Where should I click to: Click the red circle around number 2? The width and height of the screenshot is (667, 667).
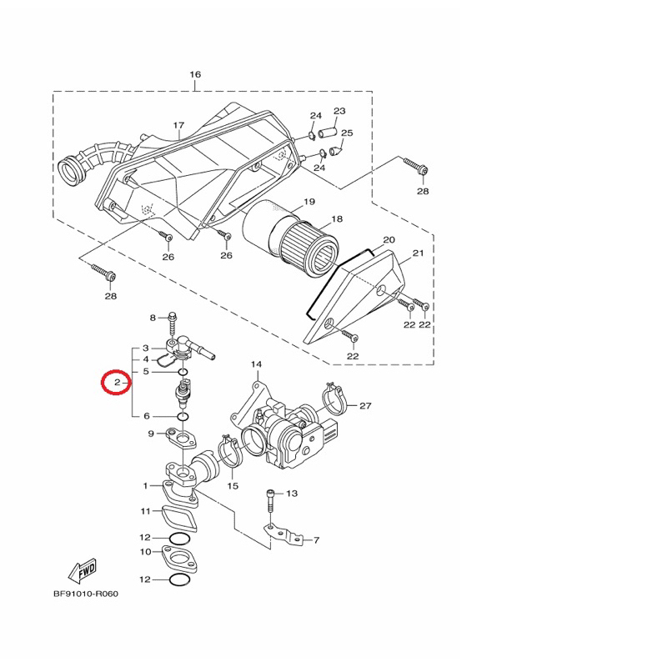click(101, 382)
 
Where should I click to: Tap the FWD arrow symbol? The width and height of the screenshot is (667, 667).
click(83, 571)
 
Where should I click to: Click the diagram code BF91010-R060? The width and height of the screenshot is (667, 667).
click(86, 594)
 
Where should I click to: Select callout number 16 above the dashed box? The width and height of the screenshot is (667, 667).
click(195, 74)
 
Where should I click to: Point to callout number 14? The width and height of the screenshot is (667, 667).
click(256, 364)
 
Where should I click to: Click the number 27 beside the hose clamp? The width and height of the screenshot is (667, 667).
click(365, 405)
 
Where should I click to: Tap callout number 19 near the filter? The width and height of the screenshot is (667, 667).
click(309, 201)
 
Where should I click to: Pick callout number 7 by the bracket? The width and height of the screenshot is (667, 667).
click(316, 540)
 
